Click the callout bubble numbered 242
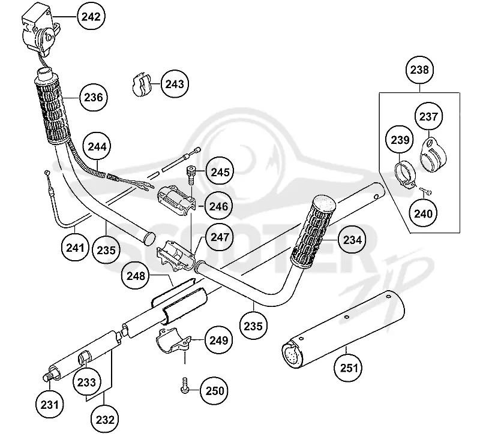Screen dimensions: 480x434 pos(91,17)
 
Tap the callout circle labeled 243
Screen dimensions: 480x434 pos(175,84)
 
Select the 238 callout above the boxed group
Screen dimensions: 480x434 pos(419,70)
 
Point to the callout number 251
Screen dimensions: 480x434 pos(349,367)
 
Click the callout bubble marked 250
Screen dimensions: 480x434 pos(214,391)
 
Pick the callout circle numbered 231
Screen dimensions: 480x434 pos(50,405)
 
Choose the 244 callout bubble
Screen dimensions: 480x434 pos(97,146)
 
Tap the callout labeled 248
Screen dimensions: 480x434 pos(136,276)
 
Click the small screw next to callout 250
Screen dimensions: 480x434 pos(185,385)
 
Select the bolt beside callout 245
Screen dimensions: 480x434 pos(191,175)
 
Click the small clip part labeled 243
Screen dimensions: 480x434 pos(142,84)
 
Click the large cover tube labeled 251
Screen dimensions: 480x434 pos(343,330)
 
